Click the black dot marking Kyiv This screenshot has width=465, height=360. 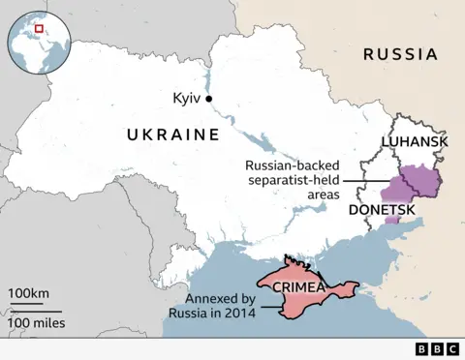pyautogui.click(x=208, y=97)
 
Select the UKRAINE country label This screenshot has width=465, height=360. pyautogui.click(x=172, y=135)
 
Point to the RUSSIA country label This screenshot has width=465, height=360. pyautogui.click(x=400, y=54)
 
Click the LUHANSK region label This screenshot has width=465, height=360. pyautogui.click(x=416, y=141)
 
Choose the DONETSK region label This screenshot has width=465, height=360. pyautogui.click(x=382, y=209)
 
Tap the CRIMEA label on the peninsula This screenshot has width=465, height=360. pyautogui.click(x=306, y=287)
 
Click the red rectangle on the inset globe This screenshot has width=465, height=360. pyautogui.click(x=40, y=28)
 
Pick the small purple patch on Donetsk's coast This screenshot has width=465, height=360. pyautogui.click(x=391, y=220)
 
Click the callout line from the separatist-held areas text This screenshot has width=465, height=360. pyautogui.click(x=380, y=180)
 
